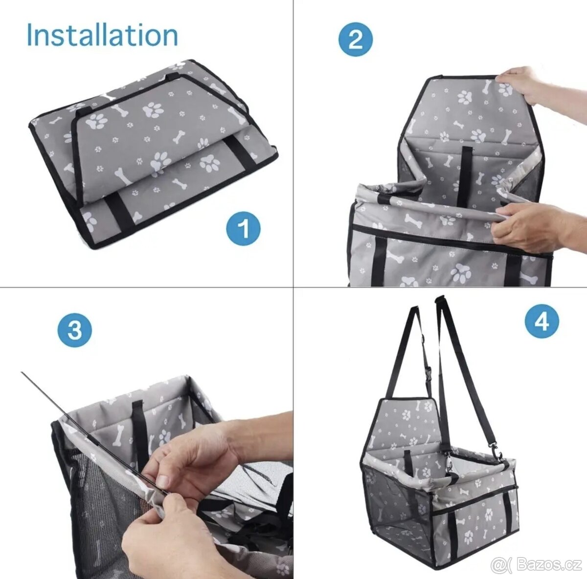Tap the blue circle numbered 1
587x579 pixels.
[x=243, y=228]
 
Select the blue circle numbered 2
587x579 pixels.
[x=355, y=40]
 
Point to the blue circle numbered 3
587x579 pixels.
[x=74, y=331]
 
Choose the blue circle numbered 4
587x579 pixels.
[x=542, y=321]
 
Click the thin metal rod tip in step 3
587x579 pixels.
[x=22, y=372]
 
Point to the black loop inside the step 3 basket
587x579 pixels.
[x=138, y=426]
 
